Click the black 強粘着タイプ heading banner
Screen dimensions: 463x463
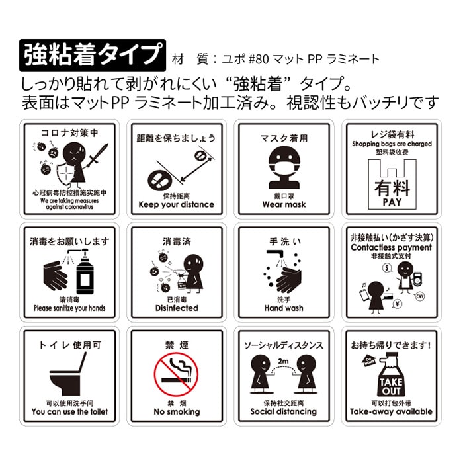tap(93, 56)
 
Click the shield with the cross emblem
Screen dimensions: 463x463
tap(65, 174)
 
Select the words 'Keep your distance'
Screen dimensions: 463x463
tap(177, 204)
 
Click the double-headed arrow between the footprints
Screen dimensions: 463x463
tap(196, 169)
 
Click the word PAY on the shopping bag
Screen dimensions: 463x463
tap(392, 202)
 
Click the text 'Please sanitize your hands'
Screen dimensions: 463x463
tap(69, 308)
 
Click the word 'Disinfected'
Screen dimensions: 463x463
tap(177, 308)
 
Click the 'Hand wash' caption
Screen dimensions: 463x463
tap(284, 308)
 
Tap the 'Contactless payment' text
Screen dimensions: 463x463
tap(392, 247)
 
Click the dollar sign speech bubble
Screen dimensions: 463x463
tap(387, 268)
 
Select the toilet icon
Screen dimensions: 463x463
tap(69, 374)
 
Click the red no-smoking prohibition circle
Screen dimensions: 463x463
tap(176, 374)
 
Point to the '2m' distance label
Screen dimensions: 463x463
tap(283, 361)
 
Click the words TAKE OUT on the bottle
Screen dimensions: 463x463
tap(391, 386)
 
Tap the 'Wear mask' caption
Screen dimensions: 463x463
tap(284, 204)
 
